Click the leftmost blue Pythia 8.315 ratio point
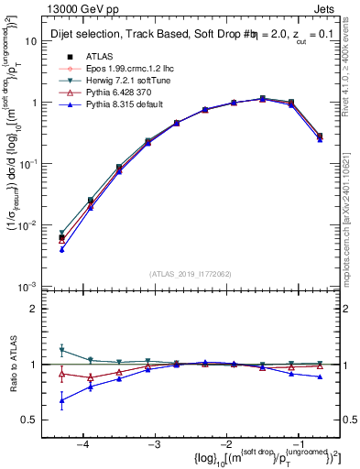pyautogui.click(x=61, y=400)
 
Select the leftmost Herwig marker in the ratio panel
pyautogui.click(x=61, y=350)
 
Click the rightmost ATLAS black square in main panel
pyautogui.click(x=320, y=136)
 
